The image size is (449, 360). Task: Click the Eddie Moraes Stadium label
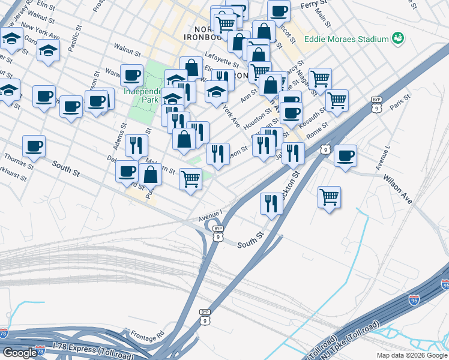[346, 39]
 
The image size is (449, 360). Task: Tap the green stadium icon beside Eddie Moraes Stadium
[397, 39]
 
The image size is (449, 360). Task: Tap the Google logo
[20, 353]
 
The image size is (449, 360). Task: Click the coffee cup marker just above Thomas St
[34, 146]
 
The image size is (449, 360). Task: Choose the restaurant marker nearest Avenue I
[271, 204]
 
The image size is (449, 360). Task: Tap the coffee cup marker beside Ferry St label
[279, 11]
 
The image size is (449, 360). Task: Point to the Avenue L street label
[382, 155]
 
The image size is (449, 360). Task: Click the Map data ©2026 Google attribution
[412, 355]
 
